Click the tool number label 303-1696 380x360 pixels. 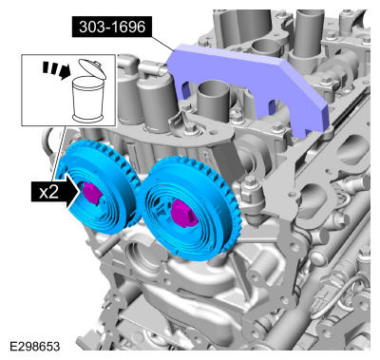(x=112, y=28)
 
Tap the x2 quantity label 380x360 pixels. (x=48, y=192)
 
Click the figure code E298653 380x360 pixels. (x=35, y=347)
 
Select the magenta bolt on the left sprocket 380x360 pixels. (x=91, y=193)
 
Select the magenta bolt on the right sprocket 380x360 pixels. (x=183, y=214)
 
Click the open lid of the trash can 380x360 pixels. (x=92, y=67)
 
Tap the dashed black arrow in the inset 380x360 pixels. (x=56, y=70)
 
